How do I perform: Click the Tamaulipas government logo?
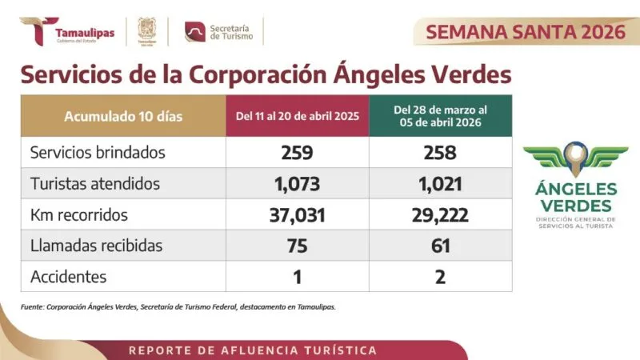click(x=67, y=32)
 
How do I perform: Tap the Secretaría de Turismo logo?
click(x=218, y=31)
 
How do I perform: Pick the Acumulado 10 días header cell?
click(x=123, y=116)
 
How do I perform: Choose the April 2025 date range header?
click(x=297, y=116)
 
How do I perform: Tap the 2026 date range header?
click(x=440, y=116)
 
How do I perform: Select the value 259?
click(x=297, y=152)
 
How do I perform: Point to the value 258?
click(x=440, y=152)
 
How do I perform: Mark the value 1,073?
click(x=297, y=183)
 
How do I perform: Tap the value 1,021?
click(x=440, y=183)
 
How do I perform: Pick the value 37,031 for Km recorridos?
click(x=297, y=214)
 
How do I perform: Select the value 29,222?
click(x=440, y=214)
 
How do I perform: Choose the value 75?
click(x=297, y=246)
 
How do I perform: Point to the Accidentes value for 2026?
click(x=440, y=277)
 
